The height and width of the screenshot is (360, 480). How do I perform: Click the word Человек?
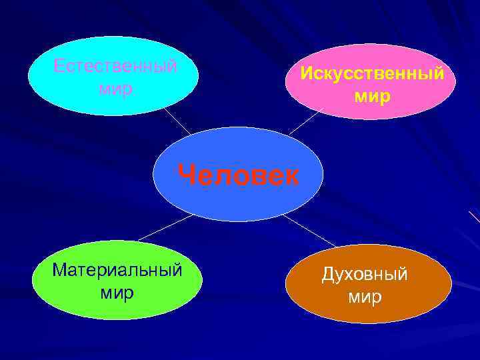(x=239, y=176)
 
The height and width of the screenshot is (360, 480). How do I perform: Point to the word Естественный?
(x=115, y=67)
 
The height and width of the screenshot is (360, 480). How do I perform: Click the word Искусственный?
(x=371, y=73)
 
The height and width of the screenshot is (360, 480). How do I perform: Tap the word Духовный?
(x=364, y=275)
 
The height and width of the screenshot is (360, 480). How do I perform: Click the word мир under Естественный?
(x=115, y=87)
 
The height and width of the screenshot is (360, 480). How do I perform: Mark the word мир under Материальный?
(x=117, y=292)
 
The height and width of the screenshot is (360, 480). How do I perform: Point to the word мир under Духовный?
(x=364, y=296)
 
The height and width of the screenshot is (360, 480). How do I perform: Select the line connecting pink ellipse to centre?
(x=305, y=123)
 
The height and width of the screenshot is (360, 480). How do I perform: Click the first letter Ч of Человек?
(x=187, y=176)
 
